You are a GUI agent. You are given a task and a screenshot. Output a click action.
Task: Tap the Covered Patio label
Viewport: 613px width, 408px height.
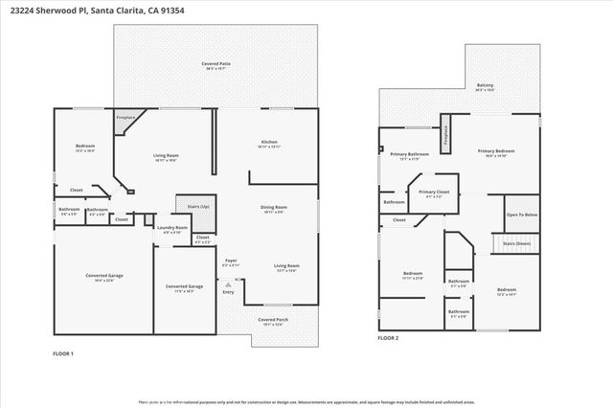click(x=216, y=64)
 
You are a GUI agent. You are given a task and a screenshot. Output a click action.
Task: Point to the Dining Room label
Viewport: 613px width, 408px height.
click(x=274, y=207)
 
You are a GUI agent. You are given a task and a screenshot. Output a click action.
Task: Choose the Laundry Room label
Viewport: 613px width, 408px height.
click(x=173, y=227)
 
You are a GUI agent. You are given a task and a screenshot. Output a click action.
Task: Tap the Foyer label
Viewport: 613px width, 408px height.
click(x=231, y=260)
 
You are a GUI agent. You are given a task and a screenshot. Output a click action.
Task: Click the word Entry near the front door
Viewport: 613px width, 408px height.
click(x=228, y=291)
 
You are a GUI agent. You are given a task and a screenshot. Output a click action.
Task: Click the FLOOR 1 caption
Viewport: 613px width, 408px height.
click(x=63, y=354)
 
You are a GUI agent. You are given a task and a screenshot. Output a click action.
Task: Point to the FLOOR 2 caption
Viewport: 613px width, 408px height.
click(x=387, y=338)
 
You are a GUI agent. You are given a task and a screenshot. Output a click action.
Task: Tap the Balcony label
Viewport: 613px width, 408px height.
click(x=485, y=85)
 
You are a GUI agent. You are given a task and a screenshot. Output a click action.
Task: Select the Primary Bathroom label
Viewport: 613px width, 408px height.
click(x=409, y=154)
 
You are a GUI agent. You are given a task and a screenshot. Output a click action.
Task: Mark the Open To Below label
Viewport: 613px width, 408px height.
click(x=521, y=215)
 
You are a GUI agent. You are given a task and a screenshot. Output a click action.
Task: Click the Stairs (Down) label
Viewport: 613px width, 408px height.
click(x=518, y=243)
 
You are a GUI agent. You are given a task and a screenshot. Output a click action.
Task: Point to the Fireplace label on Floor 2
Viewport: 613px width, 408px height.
click(x=446, y=136)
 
